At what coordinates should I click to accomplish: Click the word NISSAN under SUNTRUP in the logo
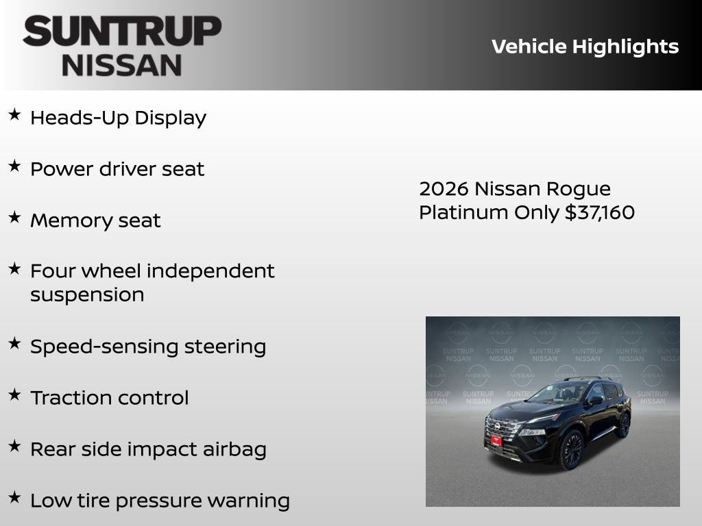(x=122, y=64)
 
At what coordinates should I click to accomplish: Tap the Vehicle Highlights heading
(x=585, y=47)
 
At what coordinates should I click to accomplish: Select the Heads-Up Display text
(x=118, y=118)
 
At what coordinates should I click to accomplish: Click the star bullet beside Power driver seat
(x=14, y=166)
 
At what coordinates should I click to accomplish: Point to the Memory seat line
(x=95, y=221)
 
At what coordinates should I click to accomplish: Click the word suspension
(x=87, y=295)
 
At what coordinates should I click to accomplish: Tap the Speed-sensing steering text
(x=147, y=347)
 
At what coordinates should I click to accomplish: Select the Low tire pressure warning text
(x=160, y=501)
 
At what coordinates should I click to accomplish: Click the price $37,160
(x=600, y=212)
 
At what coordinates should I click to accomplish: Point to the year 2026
(x=444, y=189)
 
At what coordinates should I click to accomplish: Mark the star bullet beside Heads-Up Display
(x=14, y=115)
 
